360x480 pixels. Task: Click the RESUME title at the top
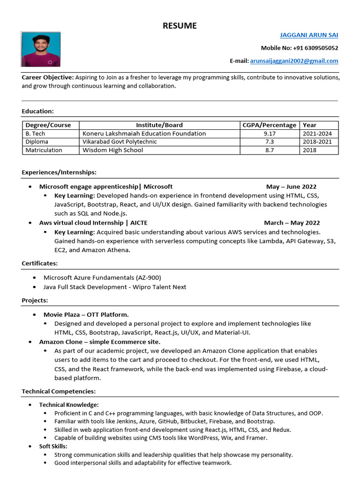(180, 26)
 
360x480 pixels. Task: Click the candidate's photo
(41, 49)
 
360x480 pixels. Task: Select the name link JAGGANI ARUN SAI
(308, 35)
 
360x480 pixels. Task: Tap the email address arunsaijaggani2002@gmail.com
(294, 61)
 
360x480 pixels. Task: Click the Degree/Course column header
(48, 125)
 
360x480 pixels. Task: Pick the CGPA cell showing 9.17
(270, 134)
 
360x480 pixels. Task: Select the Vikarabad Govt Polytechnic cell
(120, 142)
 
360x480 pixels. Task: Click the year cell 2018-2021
(317, 142)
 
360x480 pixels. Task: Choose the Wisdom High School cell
(112, 150)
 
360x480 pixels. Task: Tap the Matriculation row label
(44, 150)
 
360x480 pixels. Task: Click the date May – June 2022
(291, 187)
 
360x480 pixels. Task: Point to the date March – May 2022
(292, 223)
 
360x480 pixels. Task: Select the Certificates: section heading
(40, 263)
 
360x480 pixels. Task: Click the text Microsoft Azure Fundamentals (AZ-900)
(102, 277)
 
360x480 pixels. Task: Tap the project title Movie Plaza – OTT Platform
(86, 315)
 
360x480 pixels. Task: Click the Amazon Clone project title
(99, 342)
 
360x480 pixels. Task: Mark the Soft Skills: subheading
(53, 446)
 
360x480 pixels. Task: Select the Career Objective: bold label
(48, 77)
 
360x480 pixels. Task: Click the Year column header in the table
(309, 125)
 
